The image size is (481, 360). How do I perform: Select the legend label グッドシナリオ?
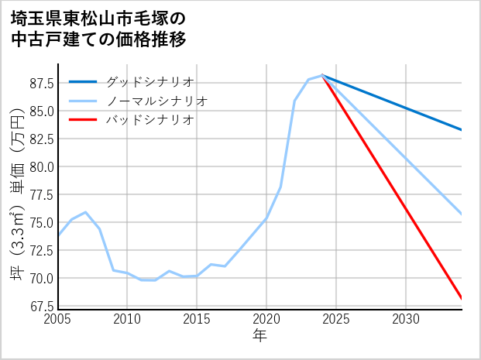pos(149,82)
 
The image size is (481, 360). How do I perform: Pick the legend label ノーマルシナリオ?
pos(157,101)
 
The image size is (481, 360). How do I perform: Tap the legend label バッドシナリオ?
pos(149,120)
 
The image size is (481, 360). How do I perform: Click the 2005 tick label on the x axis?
pos(57,319)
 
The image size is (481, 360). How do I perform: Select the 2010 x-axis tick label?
pos(127,319)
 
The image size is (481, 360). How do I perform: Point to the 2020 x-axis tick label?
pos(266,319)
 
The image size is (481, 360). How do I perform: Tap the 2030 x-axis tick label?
pos(406,319)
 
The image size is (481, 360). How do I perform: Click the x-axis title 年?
pos(260,336)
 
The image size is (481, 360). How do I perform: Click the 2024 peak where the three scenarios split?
pos(322,75)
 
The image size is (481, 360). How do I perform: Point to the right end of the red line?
pos(462,298)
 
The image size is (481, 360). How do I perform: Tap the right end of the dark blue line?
pos(462,130)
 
